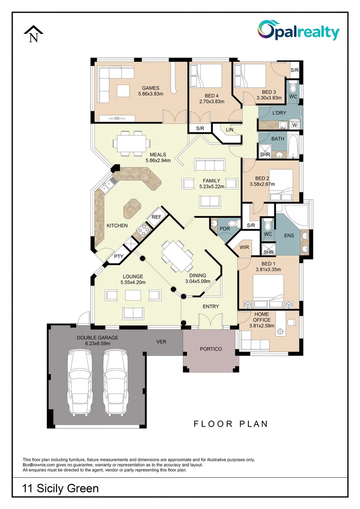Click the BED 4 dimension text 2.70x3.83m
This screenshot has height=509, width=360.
[x=212, y=101]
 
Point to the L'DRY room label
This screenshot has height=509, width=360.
[x=280, y=113]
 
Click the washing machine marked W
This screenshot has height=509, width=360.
[x=295, y=125]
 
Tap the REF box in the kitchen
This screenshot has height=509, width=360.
[x=156, y=217]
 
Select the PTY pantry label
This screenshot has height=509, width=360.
[x=119, y=256]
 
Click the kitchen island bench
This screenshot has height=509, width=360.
[x=132, y=208]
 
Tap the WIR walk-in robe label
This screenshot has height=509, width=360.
[x=244, y=247]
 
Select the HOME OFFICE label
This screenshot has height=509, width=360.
[x=262, y=317]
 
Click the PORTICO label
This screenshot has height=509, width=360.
[x=211, y=349]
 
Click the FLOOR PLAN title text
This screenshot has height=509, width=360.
[x=230, y=424]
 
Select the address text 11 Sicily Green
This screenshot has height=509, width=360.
[x=61, y=488]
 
